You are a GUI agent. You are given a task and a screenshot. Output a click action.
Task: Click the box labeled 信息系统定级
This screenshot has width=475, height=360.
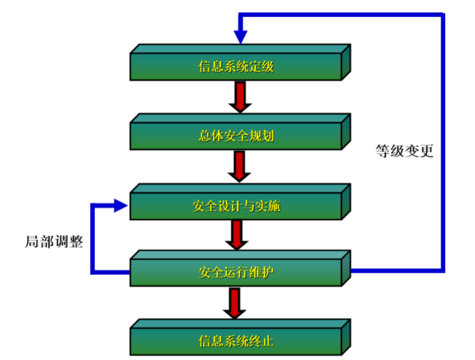coord(235,67)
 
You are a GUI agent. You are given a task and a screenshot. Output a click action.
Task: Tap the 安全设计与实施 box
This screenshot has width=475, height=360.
coord(235,206)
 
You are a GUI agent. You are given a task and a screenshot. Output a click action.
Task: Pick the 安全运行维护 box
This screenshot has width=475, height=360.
coord(235,271)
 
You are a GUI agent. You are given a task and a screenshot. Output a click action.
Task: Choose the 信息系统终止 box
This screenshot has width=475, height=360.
coord(235,341)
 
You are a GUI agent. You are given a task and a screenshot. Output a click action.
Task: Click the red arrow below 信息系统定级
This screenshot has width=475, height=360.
coord(240,96)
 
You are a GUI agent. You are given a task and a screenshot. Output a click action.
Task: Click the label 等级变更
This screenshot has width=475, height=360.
coord(404,151)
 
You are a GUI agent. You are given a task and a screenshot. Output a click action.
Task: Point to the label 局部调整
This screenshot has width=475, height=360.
coord(54,242)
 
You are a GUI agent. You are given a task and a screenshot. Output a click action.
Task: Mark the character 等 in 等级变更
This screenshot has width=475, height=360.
coord(382,151)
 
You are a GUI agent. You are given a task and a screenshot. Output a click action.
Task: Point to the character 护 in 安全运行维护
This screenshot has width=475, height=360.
coord(272,271)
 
